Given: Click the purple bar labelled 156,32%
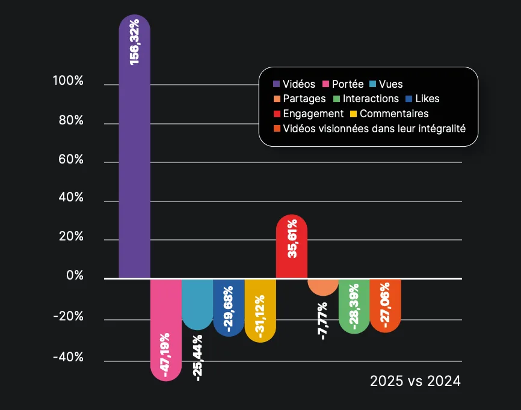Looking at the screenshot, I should click(134, 150).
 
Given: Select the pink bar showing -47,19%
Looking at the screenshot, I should click(165, 328).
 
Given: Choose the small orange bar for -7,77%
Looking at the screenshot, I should click(323, 287).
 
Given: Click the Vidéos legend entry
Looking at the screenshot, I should click(294, 85).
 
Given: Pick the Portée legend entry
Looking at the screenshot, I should click(343, 85).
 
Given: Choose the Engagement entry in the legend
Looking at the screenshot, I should click(308, 114).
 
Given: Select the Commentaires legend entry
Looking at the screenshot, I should click(389, 114).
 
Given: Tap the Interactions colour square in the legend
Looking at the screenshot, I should click(337, 99).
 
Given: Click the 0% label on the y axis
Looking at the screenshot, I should click(75, 276).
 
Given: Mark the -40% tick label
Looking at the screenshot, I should click(68, 358).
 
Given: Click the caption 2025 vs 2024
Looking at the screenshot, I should click(415, 381).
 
